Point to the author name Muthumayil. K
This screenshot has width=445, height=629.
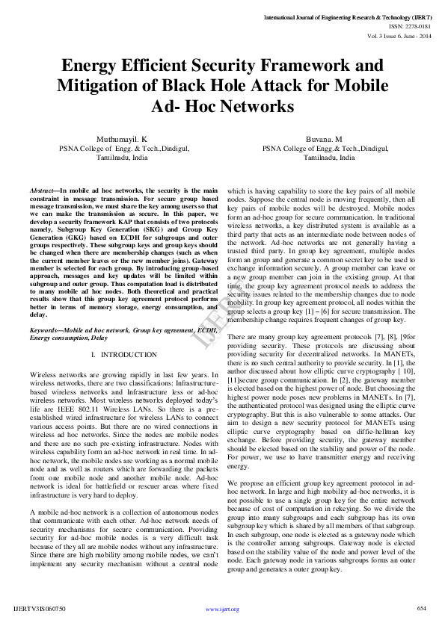click(x=122, y=140)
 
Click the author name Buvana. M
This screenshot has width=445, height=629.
click(x=323, y=140)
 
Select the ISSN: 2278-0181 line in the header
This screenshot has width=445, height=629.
click(x=404, y=25)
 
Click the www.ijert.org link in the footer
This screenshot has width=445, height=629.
click(x=222, y=610)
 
